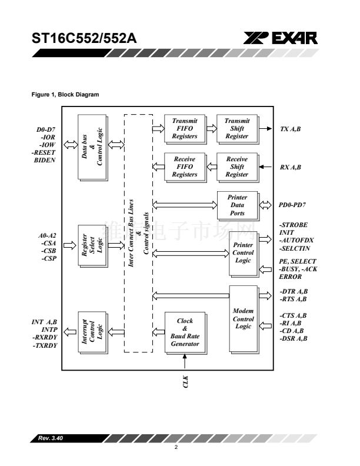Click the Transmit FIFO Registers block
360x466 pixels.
pos(185,129)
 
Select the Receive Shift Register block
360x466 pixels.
pos(237,167)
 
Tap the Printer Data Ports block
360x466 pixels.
pos(238,205)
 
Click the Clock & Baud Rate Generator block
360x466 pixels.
pos(185,332)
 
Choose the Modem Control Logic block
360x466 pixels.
pos(244,319)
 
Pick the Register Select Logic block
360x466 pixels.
pos(92,246)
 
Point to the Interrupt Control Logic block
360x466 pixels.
pos(92,332)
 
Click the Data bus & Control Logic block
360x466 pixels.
pos(92,148)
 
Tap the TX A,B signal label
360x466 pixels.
pos(290,129)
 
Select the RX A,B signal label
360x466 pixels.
pos(290,167)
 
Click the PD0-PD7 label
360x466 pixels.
pos(292,205)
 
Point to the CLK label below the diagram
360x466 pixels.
pos(185,382)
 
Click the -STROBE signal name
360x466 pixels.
pos(294,225)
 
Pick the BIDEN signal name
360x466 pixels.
pos(45,160)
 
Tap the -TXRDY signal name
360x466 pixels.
pos(45,345)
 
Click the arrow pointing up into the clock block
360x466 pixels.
pos(185,362)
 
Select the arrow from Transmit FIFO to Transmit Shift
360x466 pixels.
pos(212,129)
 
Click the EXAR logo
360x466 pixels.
pos(281,38)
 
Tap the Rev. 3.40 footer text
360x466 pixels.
pos(51,438)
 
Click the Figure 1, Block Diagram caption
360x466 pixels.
pos(65,95)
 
